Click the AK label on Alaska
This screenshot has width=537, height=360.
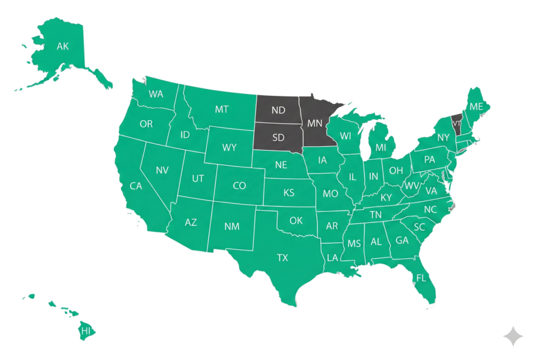(x=62, y=47)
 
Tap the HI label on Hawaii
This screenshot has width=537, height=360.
(x=85, y=331)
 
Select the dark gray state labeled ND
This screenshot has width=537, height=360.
(x=278, y=110)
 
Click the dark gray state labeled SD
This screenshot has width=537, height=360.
(x=278, y=137)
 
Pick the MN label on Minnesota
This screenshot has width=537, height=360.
(x=314, y=124)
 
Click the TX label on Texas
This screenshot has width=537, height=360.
(x=283, y=257)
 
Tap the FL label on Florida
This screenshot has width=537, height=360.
(x=421, y=278)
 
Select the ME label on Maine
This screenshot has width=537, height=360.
(x=476, y=106)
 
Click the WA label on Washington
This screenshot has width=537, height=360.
(x=156, y=94)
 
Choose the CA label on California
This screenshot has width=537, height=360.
(x=136, y=186)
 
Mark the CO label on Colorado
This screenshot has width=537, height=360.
(x=239, y=186)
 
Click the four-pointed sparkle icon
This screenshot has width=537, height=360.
(x=512, y=336)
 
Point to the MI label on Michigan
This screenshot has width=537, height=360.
(x=381, y=148)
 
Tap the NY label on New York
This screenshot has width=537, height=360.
(x=444, y=138)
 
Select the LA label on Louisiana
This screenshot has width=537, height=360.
(x=332, y=257)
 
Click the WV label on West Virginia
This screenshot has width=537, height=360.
(x=412, y=186)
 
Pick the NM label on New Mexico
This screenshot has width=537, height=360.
(x=232, y=226)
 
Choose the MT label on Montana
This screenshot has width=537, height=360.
(x=221, y=110)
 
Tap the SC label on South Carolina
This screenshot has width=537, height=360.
(x=419, y=227)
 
